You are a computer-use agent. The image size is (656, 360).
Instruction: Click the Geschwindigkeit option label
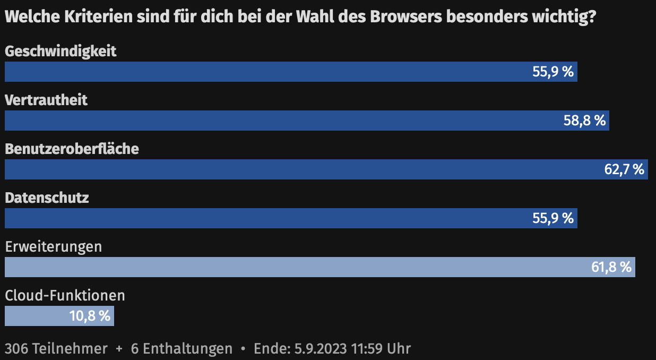point(61,52)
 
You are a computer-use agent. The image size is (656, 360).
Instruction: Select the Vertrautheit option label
point(46,100)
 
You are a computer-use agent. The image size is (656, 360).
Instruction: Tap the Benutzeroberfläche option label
point(72,149)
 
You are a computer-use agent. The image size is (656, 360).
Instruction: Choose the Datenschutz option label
point(47,198)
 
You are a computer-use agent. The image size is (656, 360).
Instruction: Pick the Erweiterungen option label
point(53,247)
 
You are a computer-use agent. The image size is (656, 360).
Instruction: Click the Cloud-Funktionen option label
point(65,295)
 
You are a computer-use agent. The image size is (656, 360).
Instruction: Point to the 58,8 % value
point(584,121)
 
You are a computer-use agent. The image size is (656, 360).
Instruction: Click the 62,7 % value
point(624,170)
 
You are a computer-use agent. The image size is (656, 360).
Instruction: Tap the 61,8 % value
point(611,267)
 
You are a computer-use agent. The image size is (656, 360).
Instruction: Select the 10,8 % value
point(90,316)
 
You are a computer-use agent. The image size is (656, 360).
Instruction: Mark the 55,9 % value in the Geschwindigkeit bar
point(553,72)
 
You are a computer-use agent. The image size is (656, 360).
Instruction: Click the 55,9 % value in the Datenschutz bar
point(553,218)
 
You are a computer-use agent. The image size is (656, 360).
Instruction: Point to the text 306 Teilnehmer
point(56,349)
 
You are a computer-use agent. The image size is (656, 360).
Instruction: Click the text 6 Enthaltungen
point(182,349)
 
